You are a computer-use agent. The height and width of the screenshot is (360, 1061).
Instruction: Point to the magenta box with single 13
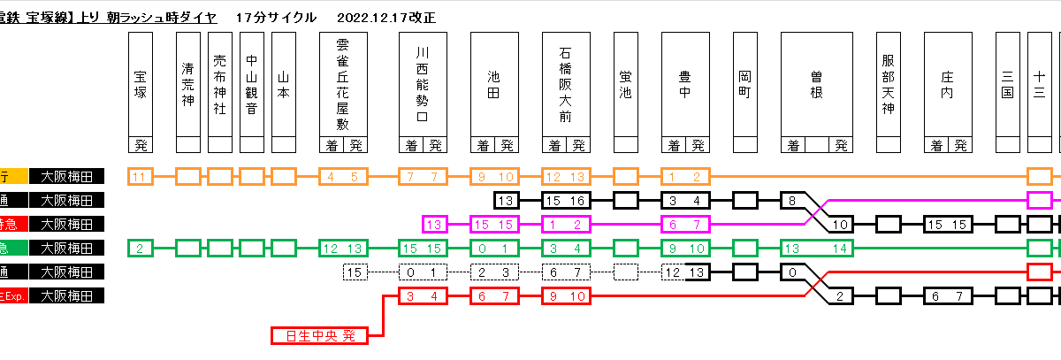(x=434, y=224)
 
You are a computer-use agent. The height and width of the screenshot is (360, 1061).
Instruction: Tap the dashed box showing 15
(x=355, y=272)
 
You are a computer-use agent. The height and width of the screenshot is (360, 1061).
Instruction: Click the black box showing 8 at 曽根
(x=793, y=200)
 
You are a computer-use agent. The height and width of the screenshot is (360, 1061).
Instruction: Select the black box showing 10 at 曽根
(x=841, y=224)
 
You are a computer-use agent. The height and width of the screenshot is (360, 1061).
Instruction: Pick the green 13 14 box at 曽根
(x=816, y=248)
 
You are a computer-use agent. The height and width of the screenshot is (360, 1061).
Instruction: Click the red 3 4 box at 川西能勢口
(x=422, y=295)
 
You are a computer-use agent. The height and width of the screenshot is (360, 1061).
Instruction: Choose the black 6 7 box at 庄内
(x=948, y=295)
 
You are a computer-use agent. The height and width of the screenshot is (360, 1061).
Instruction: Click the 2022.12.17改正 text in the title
(x=386, y=18)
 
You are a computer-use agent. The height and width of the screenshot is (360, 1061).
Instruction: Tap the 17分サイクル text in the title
(x=276, y=18)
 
